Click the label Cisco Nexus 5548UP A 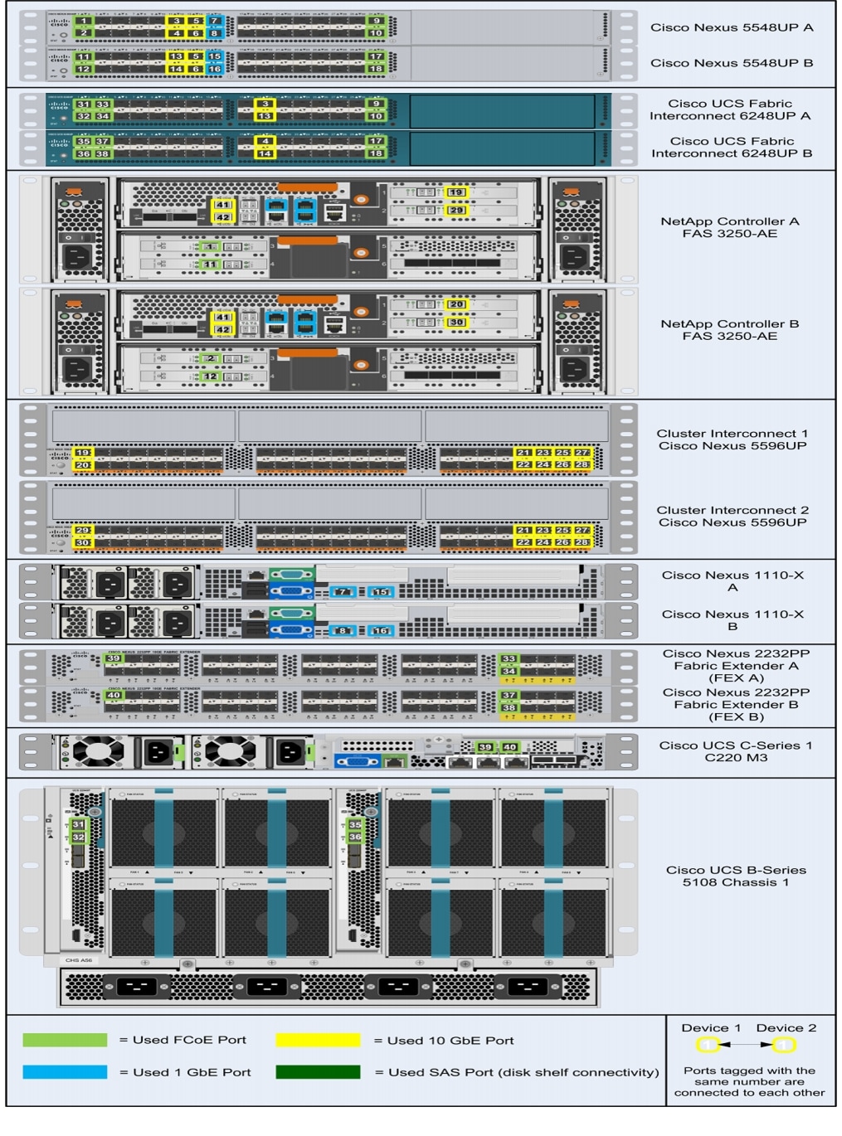pyautogui.click(x=731, y=27)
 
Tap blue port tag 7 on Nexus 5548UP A pyautogui.click(x=214, y=21)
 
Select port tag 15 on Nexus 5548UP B pyautogui.click(x=214, y=56)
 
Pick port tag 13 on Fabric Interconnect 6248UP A pyautogui.click(x=265, y=116)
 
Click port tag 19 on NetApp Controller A pyautogui.click(x=456, y=192)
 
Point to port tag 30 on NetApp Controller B pyautogui.click(x=457, y=323)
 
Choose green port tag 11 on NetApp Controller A pyautogui.click(x=210, y=265)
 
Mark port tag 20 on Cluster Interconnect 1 pyautogui.click(x=82, y=465)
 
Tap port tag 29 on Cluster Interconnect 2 pyautogui.click(x=82, y=531)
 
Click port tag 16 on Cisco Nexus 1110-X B pyautogui.click(x=381, y=631)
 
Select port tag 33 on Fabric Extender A pyautogui.click(x=509, y=659)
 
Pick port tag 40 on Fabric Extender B pyautogui.click(x=114, y=696)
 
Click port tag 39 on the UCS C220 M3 pyautogui.click(x=485, y=747)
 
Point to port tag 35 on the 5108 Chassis pyautogui.click(x=355, y=825)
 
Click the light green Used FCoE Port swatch pyautogui.click(x=65, y=1040)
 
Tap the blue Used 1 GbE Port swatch pyautogui.click(x=65, y=1072)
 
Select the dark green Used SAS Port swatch pyautogui.click(x=318, y=1072)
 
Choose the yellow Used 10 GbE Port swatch pyautogui.click(x=318, y=1040)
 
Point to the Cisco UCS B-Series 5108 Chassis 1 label pyautogui.click(x=736, y=876)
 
